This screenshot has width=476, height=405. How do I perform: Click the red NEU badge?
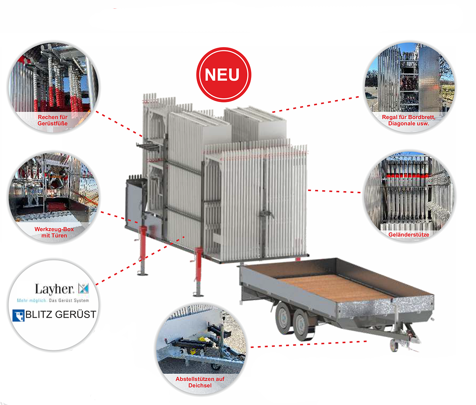click(x=223, y=75)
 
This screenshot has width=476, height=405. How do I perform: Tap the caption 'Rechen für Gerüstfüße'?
click(x=53, y=120)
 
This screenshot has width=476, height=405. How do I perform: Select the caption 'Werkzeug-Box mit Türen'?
click(x=54, y=232)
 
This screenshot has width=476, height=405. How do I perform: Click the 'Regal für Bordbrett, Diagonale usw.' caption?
click(x=409, y=120)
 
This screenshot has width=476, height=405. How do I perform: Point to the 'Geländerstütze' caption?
click(x=409, y=235)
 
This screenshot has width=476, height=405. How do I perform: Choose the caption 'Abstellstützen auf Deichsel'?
click(x=200, y=382)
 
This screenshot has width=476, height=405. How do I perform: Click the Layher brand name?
click(x=54, y=289)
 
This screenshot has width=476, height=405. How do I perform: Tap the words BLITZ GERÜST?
click(x=60, y=314)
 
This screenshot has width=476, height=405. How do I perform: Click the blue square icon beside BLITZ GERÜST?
click(x=19, y=315)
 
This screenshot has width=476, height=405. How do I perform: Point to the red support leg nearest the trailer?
click(x=198, y=270)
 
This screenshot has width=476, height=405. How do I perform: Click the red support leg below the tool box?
click(x=143, y=248)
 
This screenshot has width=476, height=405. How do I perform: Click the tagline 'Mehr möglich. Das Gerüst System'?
click(x=53, y=301)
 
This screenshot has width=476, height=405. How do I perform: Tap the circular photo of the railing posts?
click(x=409, y=193)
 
